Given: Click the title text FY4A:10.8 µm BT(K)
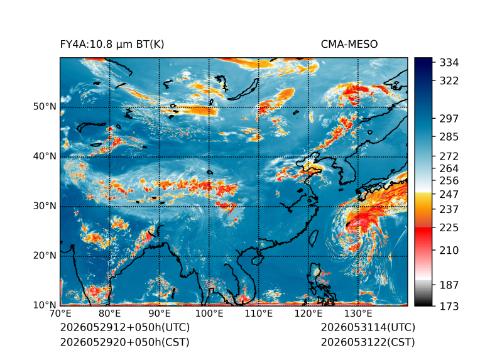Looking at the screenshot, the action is pos(112,45).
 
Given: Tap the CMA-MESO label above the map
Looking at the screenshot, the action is pos(349,45).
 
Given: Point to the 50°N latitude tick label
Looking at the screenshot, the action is pos(45,107).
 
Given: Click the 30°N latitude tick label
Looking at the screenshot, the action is pos(45,205).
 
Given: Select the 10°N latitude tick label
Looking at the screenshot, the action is pos(45,305).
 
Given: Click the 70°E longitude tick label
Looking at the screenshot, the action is pos(60,314).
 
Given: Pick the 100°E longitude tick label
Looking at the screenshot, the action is pos(209,314).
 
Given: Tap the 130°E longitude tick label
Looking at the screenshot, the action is pos(358,314).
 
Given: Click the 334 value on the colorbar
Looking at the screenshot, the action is pos(449,63).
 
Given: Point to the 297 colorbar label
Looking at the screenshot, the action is pos(449,119).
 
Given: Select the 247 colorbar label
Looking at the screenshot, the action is pos(449,194).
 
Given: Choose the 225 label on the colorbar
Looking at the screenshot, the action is pos(449,228).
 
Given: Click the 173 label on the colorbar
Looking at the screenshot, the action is pos(449,306).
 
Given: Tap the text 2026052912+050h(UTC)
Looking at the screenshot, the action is pos(125,327).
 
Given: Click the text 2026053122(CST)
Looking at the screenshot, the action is pos(368,342).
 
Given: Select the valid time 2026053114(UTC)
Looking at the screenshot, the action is pos(368,327).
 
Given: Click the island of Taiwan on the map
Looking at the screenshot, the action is pos(313,238).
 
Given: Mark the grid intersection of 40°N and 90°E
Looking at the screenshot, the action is pos(159,157).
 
